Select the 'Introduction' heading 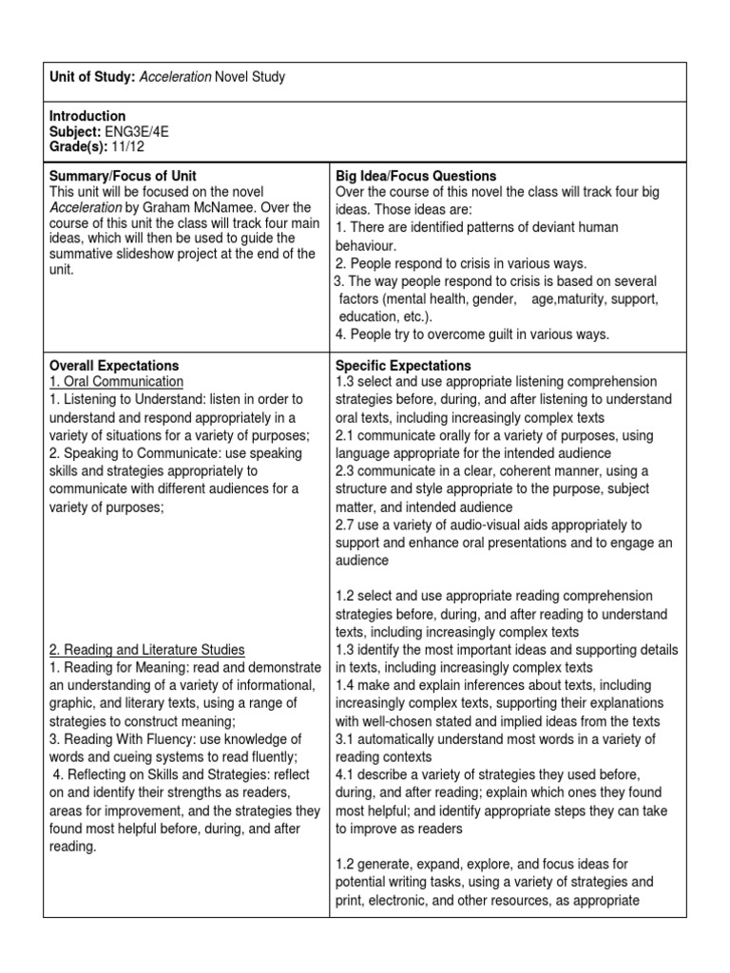[x=87, y=116]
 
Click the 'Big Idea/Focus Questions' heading [x=416, y=177]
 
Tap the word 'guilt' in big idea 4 [x=521, y=334]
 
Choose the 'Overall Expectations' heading [x=114, y=366]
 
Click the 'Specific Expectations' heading [x=403, y=366]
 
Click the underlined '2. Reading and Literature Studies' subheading [x=147, y=650]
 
